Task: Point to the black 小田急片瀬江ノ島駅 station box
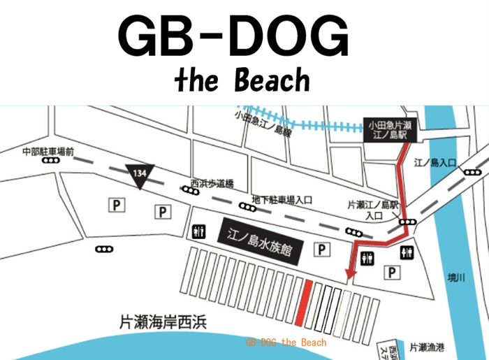tap(388, 129)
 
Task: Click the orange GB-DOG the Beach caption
tap(286, 343)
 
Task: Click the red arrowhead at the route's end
tap(351, 273)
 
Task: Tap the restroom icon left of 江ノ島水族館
tap(198, 231)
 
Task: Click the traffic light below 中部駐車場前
tap(50, 161)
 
